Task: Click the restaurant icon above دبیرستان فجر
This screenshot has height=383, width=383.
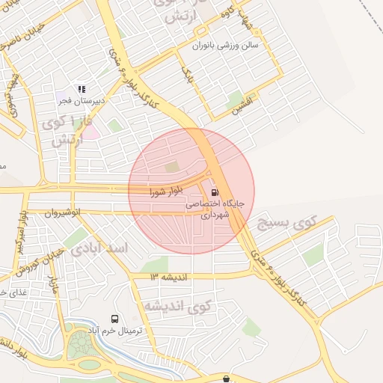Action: click(x=82, y=89)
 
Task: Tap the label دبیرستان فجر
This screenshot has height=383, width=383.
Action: click(x=82, y=99)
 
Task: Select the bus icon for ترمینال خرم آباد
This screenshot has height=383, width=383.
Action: click(x=114, y=319)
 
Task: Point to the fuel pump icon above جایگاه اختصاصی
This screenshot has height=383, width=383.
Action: click(x=216, y=191)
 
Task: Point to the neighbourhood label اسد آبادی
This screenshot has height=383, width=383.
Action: click(x=101, y=248)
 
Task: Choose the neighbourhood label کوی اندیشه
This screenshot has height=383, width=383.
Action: click(x=178, y=306)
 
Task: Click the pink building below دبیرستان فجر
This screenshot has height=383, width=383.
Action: click(x=89, y=132)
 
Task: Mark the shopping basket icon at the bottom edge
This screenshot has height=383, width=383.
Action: click(x=227, y=379)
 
